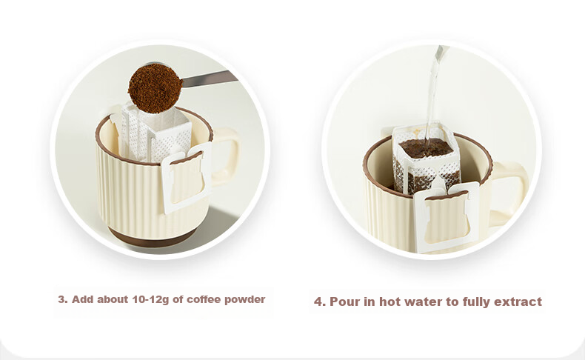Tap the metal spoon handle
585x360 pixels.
(x=210, y=79)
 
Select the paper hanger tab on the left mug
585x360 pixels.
(x=187, y=178)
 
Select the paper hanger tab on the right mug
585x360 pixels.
(x=447, y=216)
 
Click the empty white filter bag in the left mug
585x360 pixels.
(x=157, y=133)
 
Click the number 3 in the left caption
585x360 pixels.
(x=61, y=299)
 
